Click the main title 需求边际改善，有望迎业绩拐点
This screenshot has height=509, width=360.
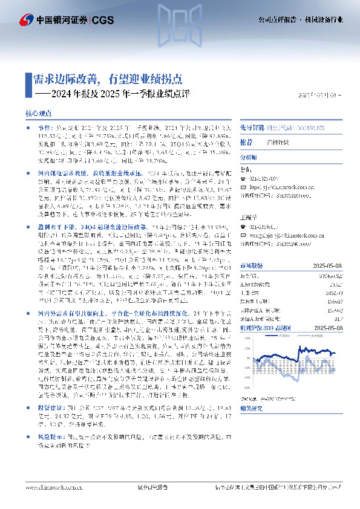(x=107, y=79)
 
